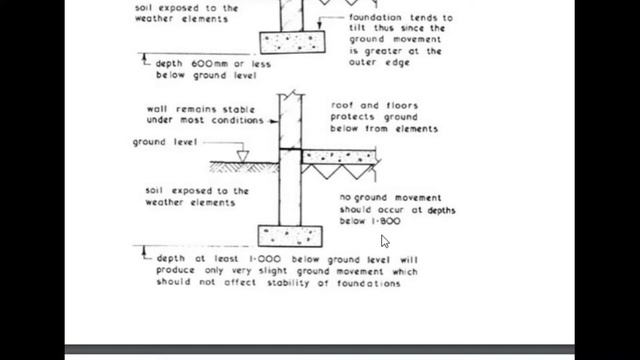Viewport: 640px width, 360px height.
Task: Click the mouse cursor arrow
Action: tap(385, 241)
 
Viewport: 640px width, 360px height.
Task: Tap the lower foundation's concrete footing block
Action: tap(290, 237)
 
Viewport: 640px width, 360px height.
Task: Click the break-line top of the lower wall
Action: tap(290, 94)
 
